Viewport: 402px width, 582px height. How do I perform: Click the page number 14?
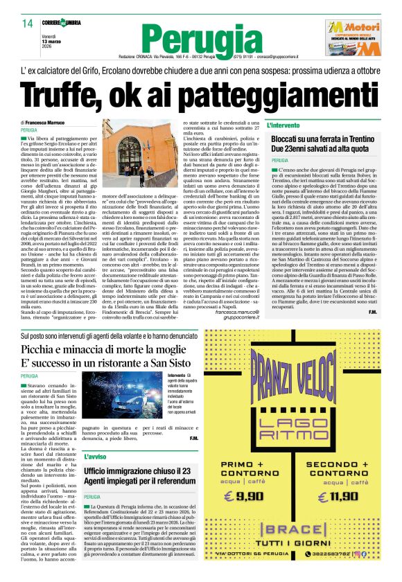(x=28, y=24)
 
